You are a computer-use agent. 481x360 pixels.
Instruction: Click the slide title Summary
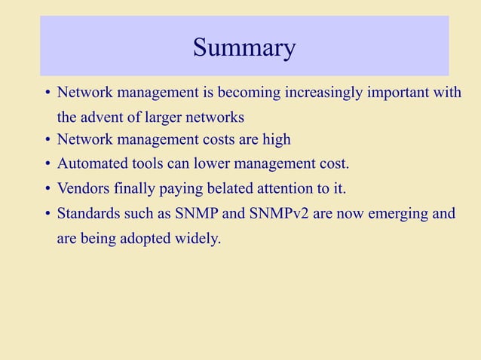click(x=244, y=47)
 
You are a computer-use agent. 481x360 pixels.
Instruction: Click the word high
click(x=276, y=140)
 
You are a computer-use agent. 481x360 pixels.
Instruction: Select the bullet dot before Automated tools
click(x=47, y=164)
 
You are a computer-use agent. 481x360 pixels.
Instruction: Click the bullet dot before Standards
click(x=47, y=214)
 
